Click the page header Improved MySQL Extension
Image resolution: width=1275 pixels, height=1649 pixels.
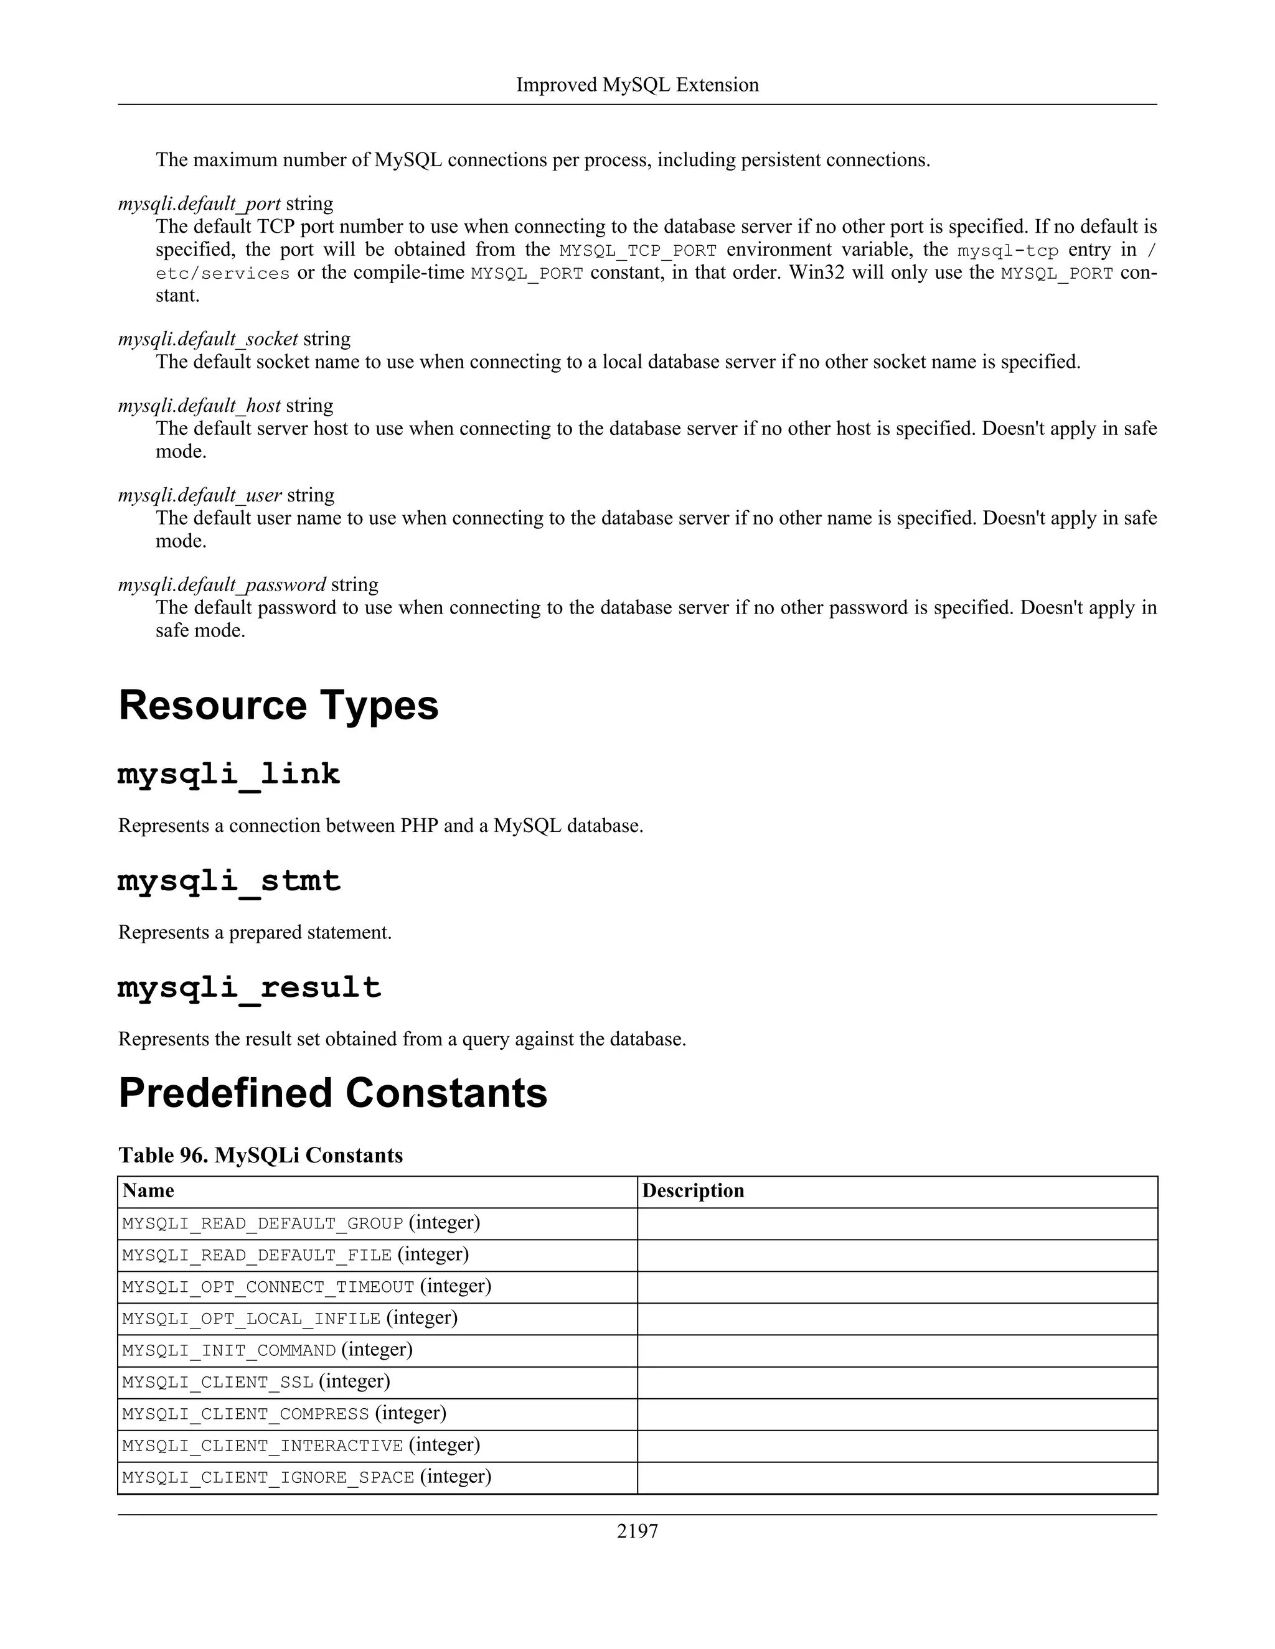[637, 85]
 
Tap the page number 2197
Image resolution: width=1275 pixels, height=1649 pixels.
[637, 1531]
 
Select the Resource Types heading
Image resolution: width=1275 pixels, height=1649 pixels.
[278, 705]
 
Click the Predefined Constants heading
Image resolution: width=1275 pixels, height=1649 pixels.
[332, 1093]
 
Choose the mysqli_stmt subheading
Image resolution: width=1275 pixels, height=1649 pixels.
[229, 881]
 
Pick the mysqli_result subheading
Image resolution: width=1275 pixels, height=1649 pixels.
[249, 988]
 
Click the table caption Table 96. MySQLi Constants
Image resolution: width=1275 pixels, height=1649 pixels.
[261, 1155]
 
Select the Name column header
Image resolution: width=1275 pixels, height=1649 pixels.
[148, 1190]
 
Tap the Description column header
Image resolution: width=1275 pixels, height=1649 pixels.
[693, 1190]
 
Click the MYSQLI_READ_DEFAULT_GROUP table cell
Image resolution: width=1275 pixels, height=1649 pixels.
[301, 1222]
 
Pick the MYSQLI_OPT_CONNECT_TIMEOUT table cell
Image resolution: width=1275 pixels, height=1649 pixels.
[306, 1286]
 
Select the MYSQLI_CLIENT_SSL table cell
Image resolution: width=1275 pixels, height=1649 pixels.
[255, 1381]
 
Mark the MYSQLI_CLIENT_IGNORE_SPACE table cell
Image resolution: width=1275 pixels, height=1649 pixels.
[306, 1476]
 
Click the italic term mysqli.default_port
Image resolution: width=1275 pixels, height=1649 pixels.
[199, 204]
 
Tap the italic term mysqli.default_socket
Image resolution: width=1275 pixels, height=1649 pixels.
[208, 339]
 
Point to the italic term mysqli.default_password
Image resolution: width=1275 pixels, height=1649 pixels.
[222, 584]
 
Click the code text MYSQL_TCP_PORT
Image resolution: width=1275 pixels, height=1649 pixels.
[637, 251]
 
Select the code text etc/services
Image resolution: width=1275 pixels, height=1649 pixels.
[223, 273]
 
